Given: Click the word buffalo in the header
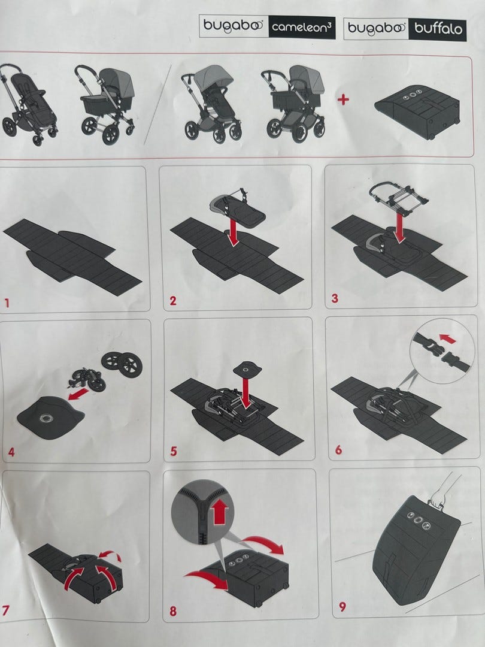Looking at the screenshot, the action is (x=438, y=29).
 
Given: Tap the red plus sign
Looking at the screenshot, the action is (x=343, y=99).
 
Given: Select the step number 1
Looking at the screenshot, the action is (x=7, y=303).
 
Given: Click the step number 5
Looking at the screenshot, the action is (x=174, y=452).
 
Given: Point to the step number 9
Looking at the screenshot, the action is (x=342, y=606).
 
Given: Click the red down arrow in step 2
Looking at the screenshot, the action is (x=234, y=232).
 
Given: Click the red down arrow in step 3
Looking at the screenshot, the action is (x=399, y=228).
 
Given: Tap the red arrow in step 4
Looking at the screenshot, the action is (x=78, y=394).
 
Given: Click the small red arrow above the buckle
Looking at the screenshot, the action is (x=447, y=339).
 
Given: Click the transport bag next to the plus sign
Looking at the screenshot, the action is (x=417, y=108).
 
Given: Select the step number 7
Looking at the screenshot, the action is (x=6, y=610).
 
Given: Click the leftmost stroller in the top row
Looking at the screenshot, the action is (x=28, y=104).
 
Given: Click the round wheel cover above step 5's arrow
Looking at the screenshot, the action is (x=248, y=368).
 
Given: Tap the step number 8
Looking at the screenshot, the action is (x=173, y=610).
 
